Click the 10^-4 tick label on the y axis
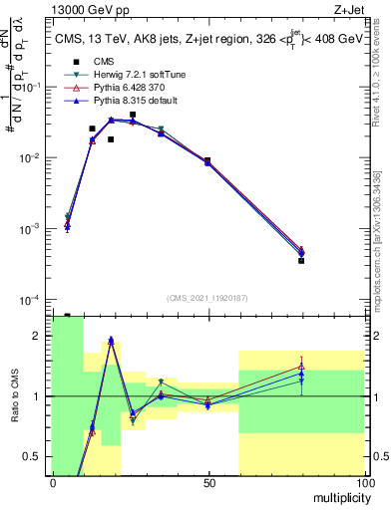click(30, 300)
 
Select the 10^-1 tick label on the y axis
click(30, 88)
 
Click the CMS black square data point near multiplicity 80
click(301, 260)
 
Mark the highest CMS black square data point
click(132, 115)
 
